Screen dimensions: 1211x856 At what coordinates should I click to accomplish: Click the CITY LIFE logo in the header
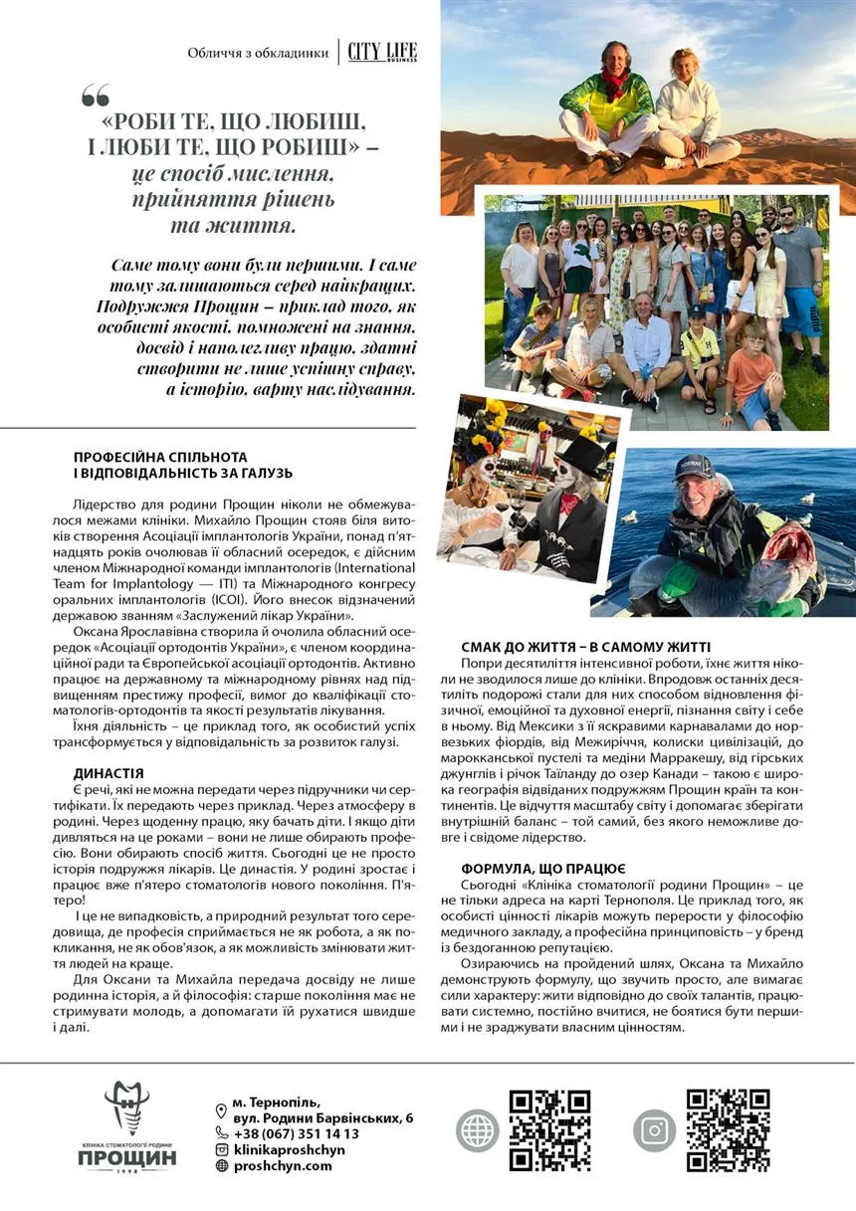click(x=382, y=52)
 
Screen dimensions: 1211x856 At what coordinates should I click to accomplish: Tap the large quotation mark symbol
click(x=96, y=97)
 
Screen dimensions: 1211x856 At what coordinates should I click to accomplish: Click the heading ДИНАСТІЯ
click(x=108, y=772)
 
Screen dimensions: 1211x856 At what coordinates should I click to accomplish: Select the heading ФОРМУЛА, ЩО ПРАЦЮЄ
click(x=543, y=868)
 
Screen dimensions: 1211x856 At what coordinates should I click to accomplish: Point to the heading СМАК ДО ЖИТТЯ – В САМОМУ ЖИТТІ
click(x=585, y=646)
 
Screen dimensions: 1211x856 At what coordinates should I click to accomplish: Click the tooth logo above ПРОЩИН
click(x=126, y=1109)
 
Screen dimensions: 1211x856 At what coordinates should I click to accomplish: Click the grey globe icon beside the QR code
click(x=477, y=1130)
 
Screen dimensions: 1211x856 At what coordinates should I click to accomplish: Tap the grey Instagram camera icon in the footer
click(x=654, y=1130)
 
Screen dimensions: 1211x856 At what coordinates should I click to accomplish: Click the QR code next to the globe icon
click(x=549, y=1130)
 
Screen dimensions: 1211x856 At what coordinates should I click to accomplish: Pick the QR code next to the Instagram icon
click(x=728, y=1130)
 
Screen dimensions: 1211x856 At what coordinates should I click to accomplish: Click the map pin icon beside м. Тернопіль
click(x=221, y=1110)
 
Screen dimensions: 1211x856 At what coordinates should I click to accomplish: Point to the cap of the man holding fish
click(x=693, y=468)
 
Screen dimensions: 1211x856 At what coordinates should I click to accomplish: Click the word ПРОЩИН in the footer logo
click(x=126, y=1159)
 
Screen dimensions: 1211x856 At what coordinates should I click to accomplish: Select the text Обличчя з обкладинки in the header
click(x=258, y=53)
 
